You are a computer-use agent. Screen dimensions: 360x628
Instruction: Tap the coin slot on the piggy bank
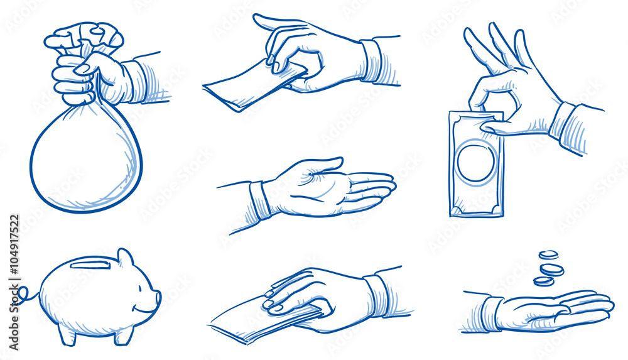click(x=90, y=265)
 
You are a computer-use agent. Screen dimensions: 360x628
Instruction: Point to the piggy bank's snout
click(x=156, y=298)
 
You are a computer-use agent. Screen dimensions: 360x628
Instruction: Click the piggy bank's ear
click(x=125, y=258)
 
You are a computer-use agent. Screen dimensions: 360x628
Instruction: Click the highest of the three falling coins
click(x=548, y=254)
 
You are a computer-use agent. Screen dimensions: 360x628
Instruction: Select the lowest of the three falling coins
click(x=543, y=281)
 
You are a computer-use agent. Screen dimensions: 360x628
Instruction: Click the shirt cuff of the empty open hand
click(x=259, y=199)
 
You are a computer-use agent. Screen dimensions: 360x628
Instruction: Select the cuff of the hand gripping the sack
click(x=134, y=82)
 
